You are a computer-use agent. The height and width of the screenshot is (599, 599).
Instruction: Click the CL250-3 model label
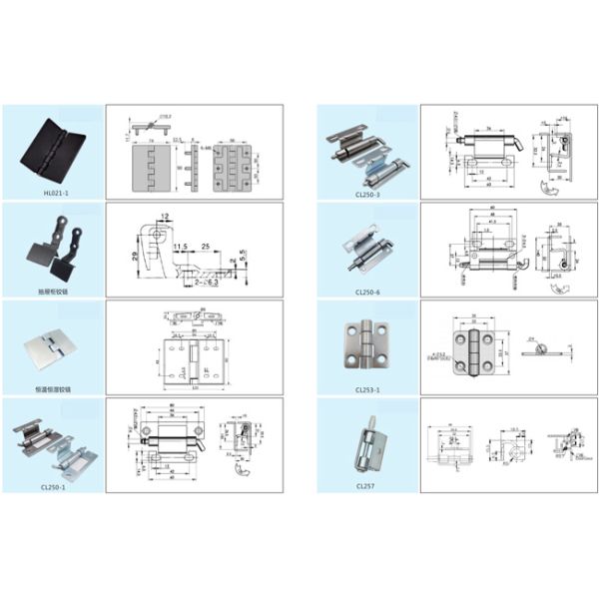click(367, 195)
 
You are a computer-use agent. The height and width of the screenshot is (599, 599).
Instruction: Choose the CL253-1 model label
click(367, 389)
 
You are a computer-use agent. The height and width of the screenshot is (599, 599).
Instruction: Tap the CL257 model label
click(367, 487)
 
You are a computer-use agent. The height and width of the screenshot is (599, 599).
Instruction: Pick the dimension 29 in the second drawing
click(133, 258)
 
